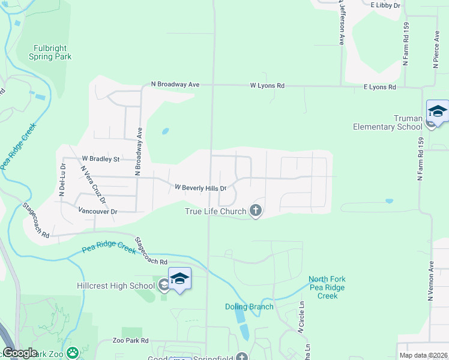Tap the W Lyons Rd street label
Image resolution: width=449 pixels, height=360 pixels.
tap(267, 86)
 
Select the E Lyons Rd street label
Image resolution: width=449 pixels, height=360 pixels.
tap(380, 88)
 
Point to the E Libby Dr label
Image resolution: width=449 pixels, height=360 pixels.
tap(385, 5)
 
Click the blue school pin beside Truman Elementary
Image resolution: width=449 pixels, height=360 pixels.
tap(438, 112)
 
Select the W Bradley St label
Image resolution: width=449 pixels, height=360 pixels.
tap(101, 160)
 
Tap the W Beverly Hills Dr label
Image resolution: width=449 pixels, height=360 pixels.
tap(200, 188)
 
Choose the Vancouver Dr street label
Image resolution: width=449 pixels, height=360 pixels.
tap(98, 211)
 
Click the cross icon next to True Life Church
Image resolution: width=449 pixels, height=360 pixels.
tap(256, 211)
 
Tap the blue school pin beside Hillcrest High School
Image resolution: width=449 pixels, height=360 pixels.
tap(179, 279)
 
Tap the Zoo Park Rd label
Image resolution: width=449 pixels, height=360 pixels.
tap(130, 341)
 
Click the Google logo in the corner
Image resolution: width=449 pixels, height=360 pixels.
tap(20, 353)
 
